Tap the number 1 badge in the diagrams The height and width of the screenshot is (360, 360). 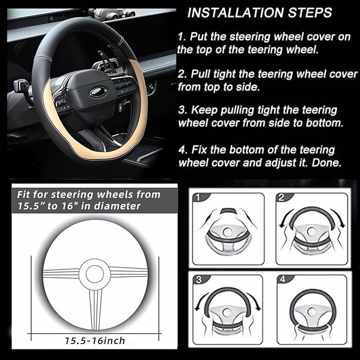[x=197, y=198]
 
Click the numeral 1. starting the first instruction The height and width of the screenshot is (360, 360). [x=182, y=37]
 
